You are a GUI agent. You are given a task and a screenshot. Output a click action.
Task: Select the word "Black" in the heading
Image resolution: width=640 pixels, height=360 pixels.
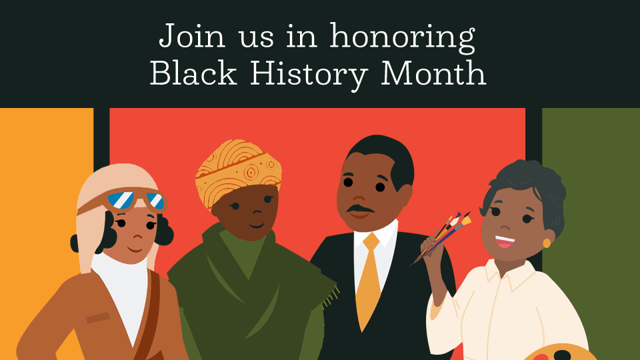point(193,73)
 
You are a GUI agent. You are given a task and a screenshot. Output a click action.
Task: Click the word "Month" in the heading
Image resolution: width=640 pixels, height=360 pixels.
point(433,73)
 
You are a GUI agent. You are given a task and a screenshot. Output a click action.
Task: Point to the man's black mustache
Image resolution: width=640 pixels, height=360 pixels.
point(360,210)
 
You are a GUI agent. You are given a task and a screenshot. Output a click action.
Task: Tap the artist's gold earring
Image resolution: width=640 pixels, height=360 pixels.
point(547,243)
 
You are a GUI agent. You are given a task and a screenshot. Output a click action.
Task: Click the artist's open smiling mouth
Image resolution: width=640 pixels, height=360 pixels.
point(505,240)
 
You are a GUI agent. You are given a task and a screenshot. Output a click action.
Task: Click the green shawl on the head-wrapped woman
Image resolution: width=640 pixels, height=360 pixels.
point(253,293)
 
